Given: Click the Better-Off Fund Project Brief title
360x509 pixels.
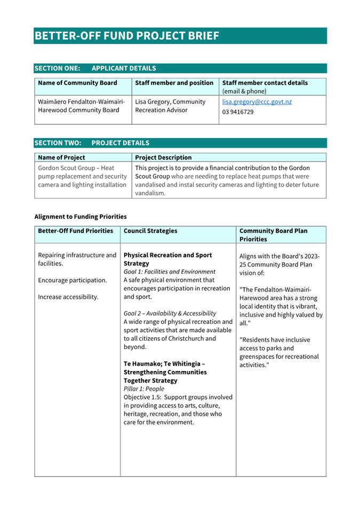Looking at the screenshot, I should coord(127,36).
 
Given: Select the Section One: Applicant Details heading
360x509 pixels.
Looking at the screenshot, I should coord(95,68).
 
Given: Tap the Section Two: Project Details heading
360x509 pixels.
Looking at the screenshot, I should coord(92,143).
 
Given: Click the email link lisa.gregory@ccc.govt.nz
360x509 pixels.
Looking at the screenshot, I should coord(257,102).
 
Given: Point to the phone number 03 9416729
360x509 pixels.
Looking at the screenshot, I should coord(238,112).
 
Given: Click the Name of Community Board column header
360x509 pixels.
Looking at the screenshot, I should coord(77,83).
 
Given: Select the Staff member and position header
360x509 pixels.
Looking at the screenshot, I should coord(174,83).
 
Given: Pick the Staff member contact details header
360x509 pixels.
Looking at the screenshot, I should coord(265,83).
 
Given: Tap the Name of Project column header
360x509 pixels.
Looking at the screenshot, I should coord(61,158).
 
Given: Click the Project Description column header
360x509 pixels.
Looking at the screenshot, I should coord(163,158).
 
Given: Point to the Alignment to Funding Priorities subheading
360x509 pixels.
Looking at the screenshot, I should coord(81,216).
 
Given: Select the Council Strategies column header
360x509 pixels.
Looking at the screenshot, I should coord(150,231).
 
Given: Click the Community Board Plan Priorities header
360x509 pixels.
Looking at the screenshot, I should coord(274,235).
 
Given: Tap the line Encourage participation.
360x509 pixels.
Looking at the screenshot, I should coord(73,280).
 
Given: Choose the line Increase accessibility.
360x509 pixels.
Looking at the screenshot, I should coord(68,297).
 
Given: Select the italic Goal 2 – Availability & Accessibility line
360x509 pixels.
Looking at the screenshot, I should coord(170,313).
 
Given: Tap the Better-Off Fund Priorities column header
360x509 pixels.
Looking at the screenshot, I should coord(76,231).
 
